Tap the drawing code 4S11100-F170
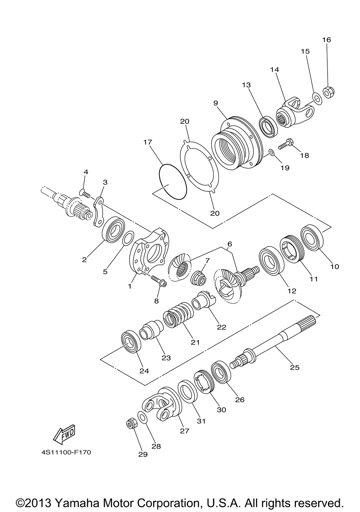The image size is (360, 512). (66, 452)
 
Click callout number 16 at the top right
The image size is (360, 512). (327, 40)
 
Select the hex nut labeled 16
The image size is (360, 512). (328, 92)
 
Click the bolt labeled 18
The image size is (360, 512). (285, 145)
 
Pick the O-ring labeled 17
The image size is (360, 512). (172, 181)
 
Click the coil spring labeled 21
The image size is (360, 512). (179, 315)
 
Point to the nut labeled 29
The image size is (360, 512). (131, 423)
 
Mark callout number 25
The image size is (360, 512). (294, 367)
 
